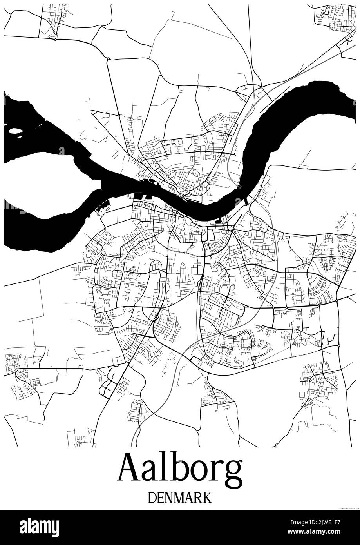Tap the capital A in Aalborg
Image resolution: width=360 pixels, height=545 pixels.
[130, 469]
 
